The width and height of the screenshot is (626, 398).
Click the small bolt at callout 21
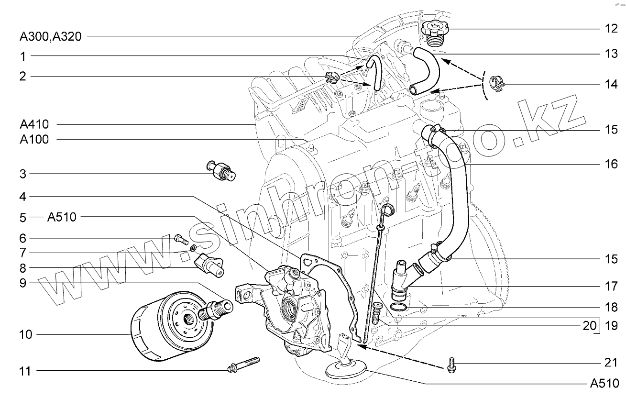(x=450, y=365)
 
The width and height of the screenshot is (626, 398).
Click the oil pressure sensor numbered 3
(x=221, y=170)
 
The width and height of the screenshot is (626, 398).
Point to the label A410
(x=34, y=124)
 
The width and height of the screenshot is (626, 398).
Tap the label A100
(x=34, y=139)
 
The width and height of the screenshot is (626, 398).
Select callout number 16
(x=611, y=164)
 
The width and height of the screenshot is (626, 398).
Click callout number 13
(x=611, y=53)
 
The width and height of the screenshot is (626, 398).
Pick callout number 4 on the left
(x=23, y=197)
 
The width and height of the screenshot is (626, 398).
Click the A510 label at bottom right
(x=604, y=383)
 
